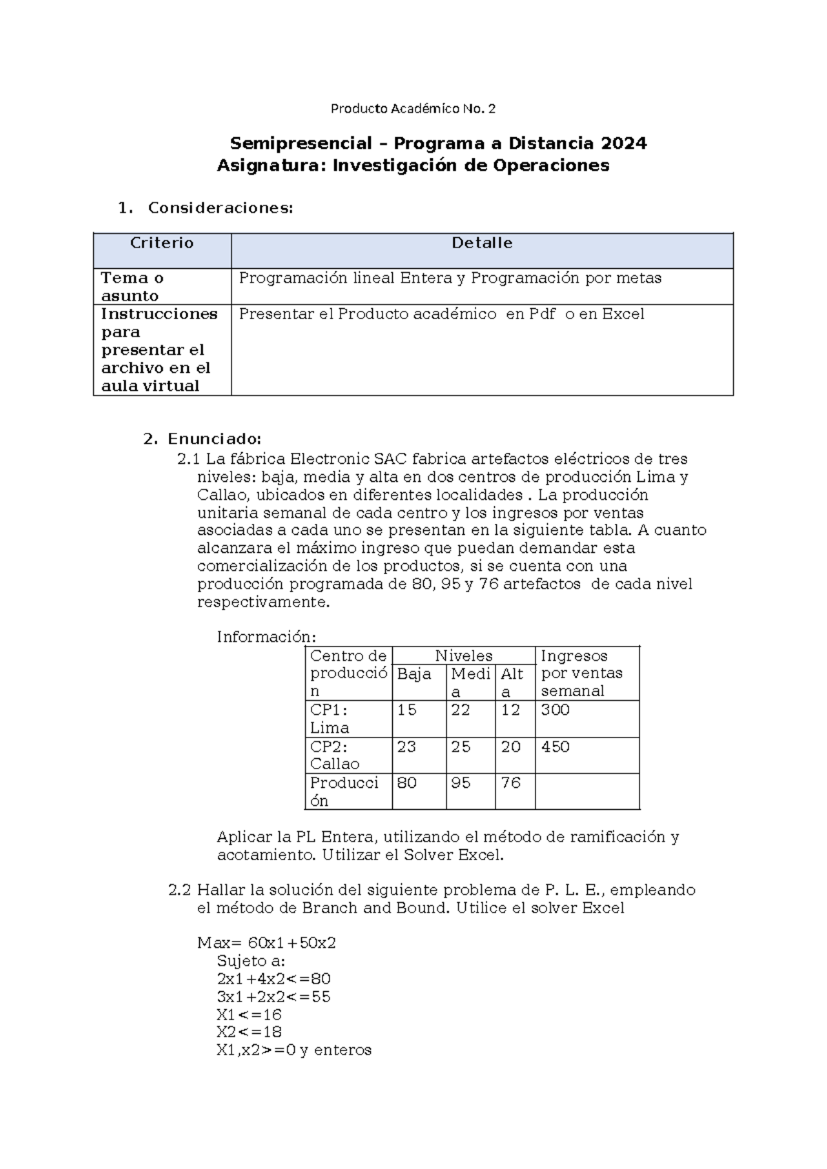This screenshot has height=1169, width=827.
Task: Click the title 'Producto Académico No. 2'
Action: pos(413,108)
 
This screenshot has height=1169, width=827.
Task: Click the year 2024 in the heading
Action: pos(623,143)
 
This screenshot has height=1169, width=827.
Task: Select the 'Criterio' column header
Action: pos(162,243)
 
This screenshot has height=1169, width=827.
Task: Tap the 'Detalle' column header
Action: pos(482,243)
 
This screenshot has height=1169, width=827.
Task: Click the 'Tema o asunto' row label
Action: pos(132,287)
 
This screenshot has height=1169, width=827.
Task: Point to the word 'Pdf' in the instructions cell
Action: pos(542,314)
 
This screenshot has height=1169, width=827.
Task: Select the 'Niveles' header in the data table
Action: pos(463,655)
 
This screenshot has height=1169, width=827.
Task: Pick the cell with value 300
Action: pos(555,711)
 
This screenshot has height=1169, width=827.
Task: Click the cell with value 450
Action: pos(555,747)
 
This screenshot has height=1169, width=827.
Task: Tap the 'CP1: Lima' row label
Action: pos(329,719)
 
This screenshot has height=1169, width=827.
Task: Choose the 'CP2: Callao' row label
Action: pos(335,755)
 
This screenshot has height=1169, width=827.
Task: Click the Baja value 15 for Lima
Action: pos(407,711)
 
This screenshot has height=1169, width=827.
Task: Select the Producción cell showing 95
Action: pos(460,783)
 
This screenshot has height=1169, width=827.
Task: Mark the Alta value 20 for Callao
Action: pos(511,747)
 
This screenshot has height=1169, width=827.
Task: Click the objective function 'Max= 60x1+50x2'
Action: pos(266,943)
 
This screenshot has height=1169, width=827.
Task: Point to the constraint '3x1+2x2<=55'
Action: pos(273,997)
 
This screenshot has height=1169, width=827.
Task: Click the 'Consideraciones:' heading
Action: pos(221,207)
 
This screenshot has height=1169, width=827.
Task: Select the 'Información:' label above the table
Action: pos(266,636)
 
